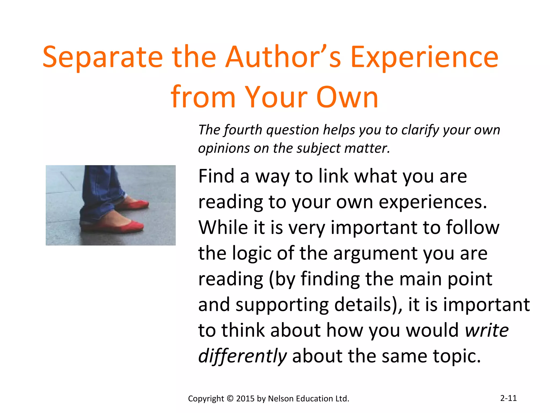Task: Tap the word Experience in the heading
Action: pos(424,57)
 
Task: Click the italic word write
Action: pos(487,330)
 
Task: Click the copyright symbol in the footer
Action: pos(230,398)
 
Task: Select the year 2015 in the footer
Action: pos(245,398)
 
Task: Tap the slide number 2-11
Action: pos(508,398)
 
